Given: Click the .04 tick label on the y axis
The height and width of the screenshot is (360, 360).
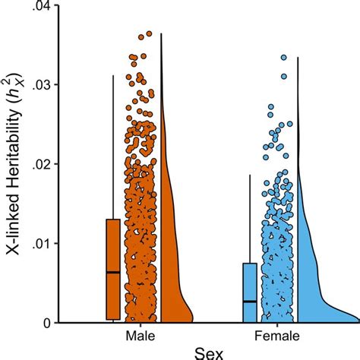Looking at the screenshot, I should tap(40, 7).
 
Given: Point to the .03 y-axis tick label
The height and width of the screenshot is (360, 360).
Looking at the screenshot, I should tap(40, 84).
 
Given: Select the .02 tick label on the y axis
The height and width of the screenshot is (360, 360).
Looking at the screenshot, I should tap(40, 164).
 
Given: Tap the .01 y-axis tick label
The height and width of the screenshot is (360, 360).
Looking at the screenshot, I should tap(40, 244).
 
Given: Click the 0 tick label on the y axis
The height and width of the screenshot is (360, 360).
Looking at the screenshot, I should tap(46, 323).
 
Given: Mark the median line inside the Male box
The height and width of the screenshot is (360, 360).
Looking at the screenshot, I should tap(112, 272).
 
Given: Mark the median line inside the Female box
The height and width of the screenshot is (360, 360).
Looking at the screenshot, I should tap(250, 302).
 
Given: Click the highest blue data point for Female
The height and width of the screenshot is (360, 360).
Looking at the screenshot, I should tap(284, 57).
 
